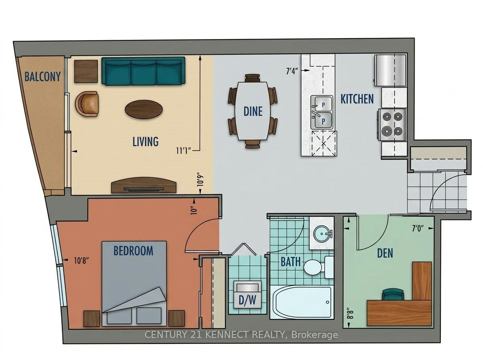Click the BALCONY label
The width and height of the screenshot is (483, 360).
point(43,77)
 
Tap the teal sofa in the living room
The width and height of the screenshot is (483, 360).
point(143,71)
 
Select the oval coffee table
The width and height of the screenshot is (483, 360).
point(144,110)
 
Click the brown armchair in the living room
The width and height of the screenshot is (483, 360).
point(87,104)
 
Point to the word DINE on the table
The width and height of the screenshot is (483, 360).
point(253,112)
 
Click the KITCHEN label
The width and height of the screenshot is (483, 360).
point(357,99)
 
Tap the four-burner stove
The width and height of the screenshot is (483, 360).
point(392,125)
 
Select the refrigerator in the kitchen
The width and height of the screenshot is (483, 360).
point(390,70)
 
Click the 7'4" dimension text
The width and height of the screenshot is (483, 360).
point(291,71)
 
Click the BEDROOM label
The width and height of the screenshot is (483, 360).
point(133,250)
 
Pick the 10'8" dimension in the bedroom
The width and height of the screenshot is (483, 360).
point(82,261)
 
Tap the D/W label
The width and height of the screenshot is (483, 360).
point(247,301)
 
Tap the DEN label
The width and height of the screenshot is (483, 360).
point(385,253)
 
